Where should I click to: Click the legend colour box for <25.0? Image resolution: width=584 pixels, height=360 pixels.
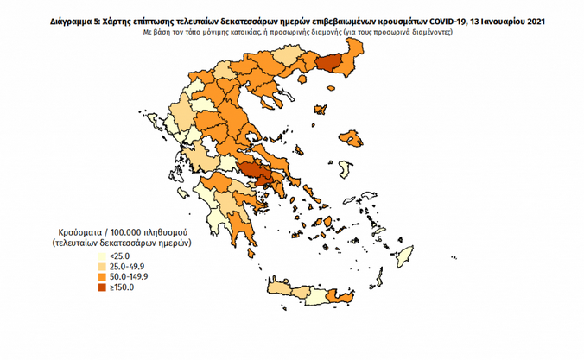click(x=102, y=256)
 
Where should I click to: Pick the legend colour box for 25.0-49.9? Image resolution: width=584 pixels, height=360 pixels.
click(x=102, y=267)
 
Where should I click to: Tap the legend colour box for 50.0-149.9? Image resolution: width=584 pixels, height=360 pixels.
click(x=102, y=277)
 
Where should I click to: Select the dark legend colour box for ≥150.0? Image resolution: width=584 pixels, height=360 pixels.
click(x=102, y=287)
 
